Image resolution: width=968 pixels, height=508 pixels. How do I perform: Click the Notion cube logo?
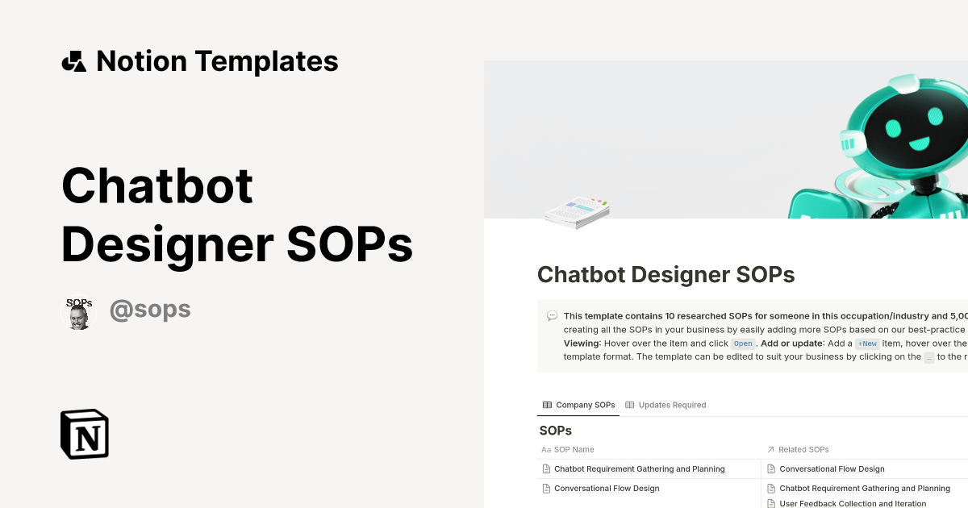(x=85, y=434)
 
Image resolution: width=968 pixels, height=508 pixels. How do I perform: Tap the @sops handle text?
(x=150, y=310)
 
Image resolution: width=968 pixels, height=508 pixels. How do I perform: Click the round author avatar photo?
(x=79, y=313)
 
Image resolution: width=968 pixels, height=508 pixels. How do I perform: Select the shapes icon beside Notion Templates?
(x=73, y=61)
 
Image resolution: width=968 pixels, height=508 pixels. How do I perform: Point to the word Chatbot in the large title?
(x=157, y=185)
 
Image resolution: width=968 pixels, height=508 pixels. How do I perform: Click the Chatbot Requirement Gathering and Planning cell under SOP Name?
(x=639, y=468)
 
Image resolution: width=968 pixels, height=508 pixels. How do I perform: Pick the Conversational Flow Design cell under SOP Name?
(x=606, y=488)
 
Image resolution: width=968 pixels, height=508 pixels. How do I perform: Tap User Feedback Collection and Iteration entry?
(x=852, y=503)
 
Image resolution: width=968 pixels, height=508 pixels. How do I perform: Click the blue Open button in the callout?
(x=743, y=344)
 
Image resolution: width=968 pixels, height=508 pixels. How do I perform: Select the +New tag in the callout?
(x=867, y=344)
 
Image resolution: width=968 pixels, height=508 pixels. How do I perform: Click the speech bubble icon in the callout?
(x=552, y=316)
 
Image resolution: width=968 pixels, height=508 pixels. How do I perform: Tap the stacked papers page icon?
(x=576, y=211)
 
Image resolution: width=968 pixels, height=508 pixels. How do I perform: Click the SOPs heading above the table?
(x=555, y=431)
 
